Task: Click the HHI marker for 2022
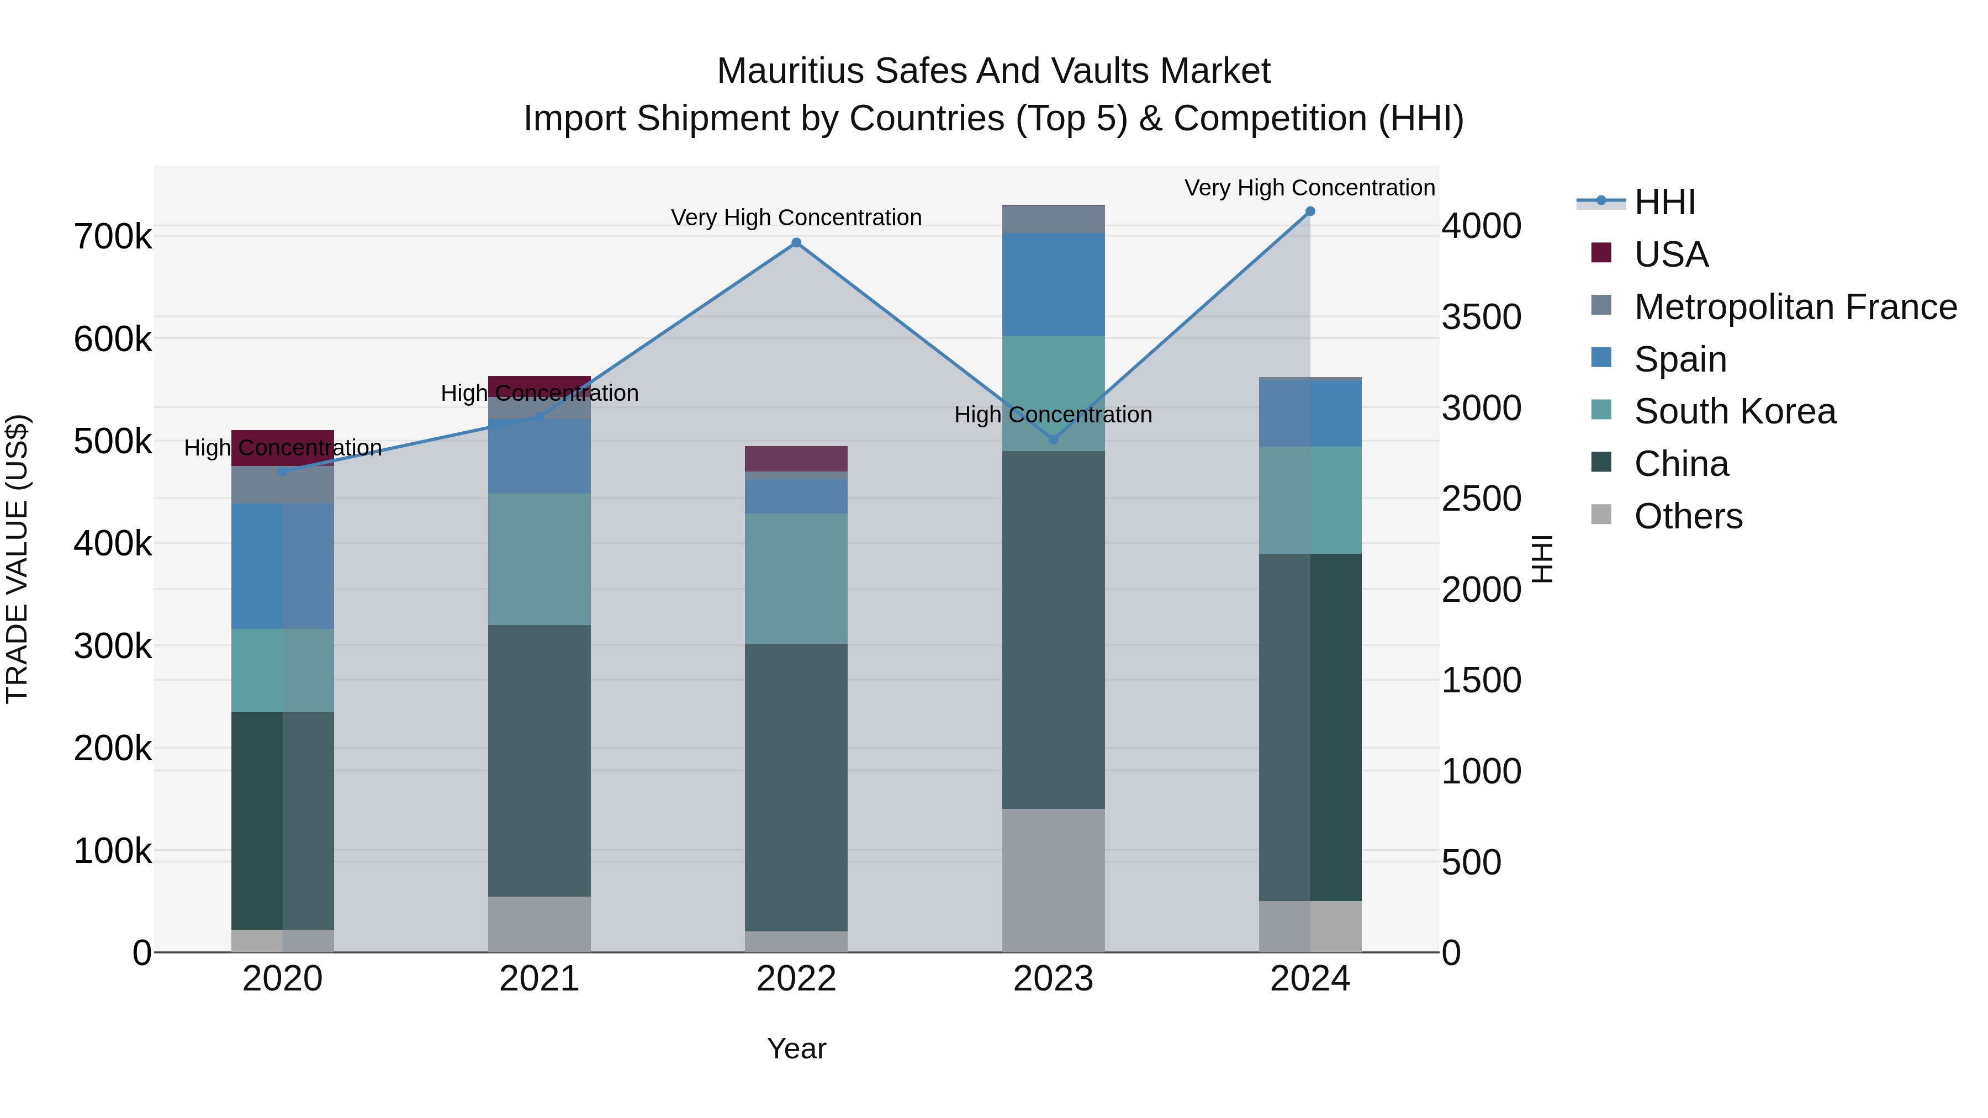tap(796, 243)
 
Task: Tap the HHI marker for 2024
tap(1310, 211)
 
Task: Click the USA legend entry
tap(1671, 255)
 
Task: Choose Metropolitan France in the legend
tap(1795, 307)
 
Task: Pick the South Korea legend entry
tap(1735, 411)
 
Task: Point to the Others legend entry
tap(1688, 516)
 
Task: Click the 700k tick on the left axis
tap(113, 236)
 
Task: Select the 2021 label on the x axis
tap(540, 979)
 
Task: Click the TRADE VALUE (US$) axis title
tap(17, 559)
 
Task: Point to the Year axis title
tap(796, 1048)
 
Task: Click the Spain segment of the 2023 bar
tap(1054, 284)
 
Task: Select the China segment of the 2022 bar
tap(796, 787)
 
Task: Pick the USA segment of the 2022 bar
tap(796, 458)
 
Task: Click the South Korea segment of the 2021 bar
tap(540, 559)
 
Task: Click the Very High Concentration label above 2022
tap(796, 218)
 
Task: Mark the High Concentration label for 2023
tap(1054, 414)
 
